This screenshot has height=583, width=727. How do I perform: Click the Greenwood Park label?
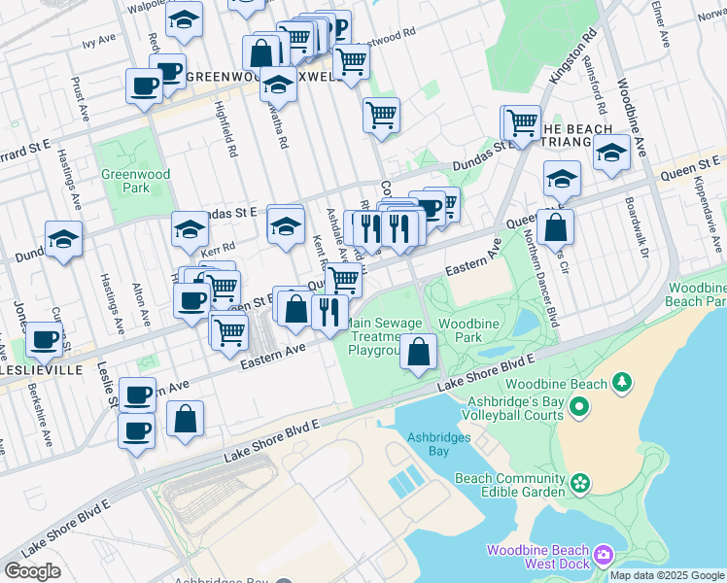pos(122,182)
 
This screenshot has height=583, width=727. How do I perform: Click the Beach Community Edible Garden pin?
pos(580,483)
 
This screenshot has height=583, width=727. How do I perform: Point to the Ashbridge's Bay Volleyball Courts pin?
pos(580,406)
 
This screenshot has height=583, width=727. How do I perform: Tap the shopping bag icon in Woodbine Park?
pos(418,354)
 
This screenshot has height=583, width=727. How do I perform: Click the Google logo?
pos(32,571)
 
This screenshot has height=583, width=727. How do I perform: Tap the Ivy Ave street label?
pos(99,43)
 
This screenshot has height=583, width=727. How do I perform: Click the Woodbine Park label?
pos(461,330)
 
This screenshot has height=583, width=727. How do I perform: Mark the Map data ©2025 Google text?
pos(667,575)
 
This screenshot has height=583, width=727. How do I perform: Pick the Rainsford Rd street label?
pos(594,84)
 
